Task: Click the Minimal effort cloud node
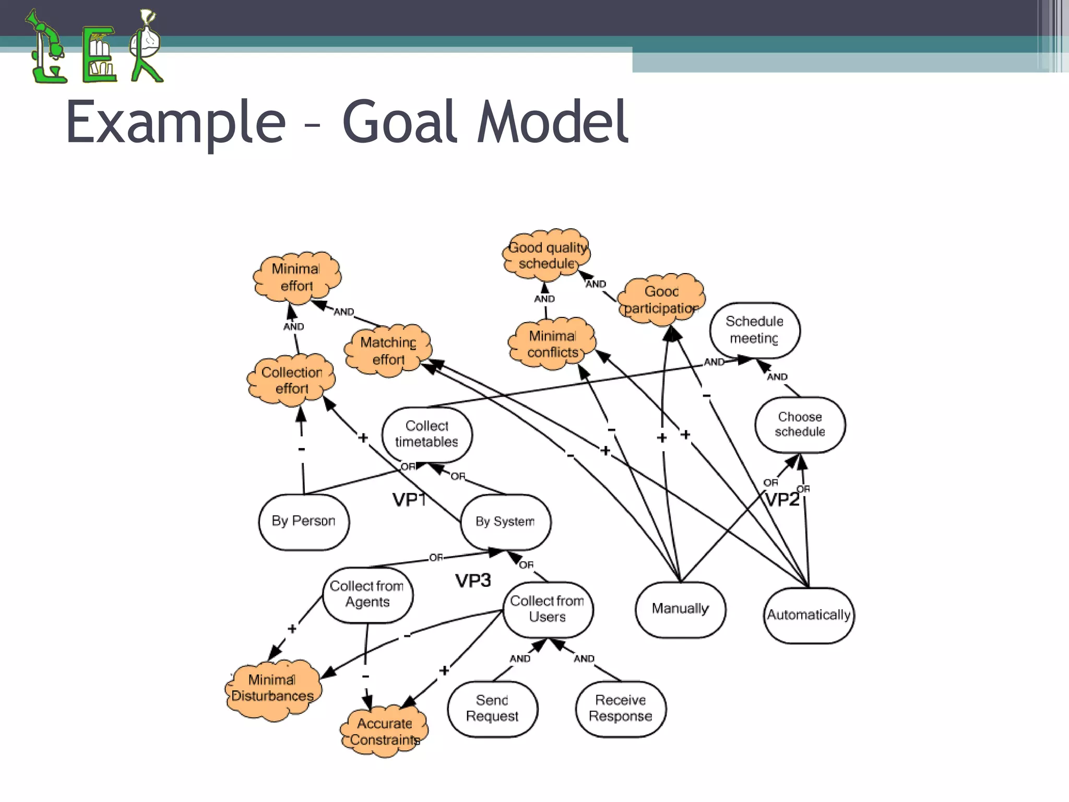(297, 277)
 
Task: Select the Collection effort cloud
(291, 380)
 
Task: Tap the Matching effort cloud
(388, 350)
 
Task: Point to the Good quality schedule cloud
(547, 255)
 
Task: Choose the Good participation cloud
(661, 300)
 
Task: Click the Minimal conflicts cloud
(552, 344)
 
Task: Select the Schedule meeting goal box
(754, 330)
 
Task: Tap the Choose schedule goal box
(800, 424)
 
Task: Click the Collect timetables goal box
(427, 434)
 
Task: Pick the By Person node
(304, 521)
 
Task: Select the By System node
(505, 522)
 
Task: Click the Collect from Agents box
(367, 594)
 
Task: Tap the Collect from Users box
(548, 609)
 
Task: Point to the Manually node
(680, 609)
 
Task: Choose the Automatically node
(809, 615)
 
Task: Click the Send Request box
(492, 708)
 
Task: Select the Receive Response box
(621, 708)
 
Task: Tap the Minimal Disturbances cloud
(273, 688)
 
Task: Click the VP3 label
(473, 581)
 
